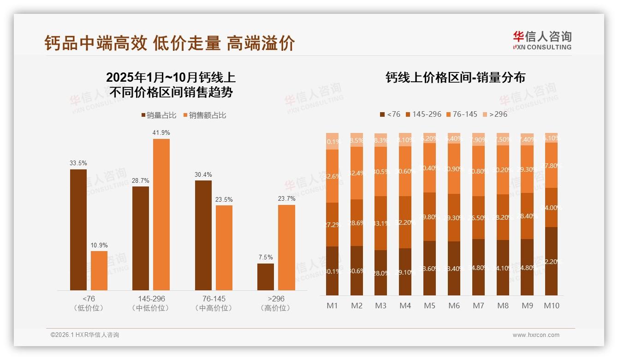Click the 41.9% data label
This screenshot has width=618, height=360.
[161, 133]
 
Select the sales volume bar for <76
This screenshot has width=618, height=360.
[78, 229]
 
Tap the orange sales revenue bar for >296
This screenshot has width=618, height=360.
[286, 247]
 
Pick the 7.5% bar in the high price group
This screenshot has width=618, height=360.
[266, 277]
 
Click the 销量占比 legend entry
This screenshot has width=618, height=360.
[159, 115]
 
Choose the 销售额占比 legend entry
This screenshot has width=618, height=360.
[205, 115]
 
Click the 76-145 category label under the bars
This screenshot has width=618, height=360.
[214, 299]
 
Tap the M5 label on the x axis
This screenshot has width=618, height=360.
[430, 306]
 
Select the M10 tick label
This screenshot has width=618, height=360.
[551, 306]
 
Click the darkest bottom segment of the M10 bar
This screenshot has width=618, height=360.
[551, 261]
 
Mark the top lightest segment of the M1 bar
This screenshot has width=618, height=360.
[333, 141]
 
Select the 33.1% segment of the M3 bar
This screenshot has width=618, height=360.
[381, 223]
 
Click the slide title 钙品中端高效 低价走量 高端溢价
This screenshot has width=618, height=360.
[169, 43]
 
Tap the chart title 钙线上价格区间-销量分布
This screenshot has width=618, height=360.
[455, 78]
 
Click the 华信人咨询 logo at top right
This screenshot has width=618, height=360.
[542, 40]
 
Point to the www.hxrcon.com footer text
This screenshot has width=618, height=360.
[536, 335]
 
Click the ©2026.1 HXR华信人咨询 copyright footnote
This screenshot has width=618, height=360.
[85, 335]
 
